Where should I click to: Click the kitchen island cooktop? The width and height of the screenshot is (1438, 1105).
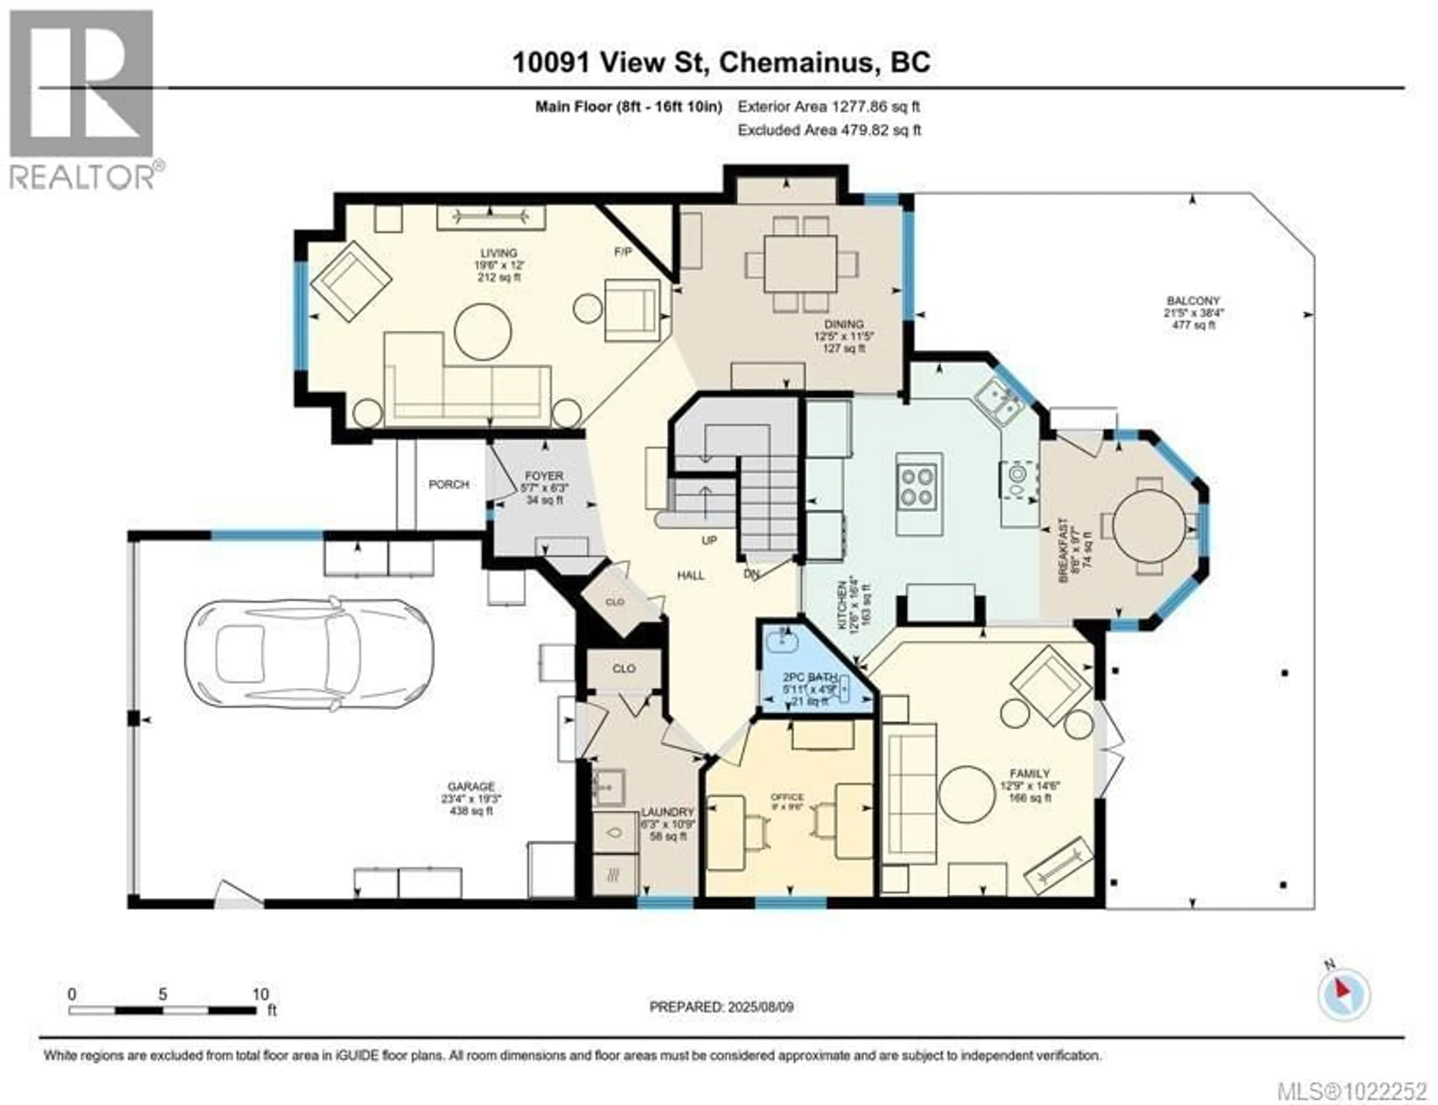pyautogui.click(x=918, y=485)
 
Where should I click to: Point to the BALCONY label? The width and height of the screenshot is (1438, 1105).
pyautogui.click(x=1194, y=301)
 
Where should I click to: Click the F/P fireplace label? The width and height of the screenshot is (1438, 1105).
pyautogui.click(x=622, y=251)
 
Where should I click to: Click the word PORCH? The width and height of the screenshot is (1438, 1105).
pyautogui.click(x=449, y=485)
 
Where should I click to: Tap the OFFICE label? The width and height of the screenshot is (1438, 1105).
pyautogui.click(x=787, y=797)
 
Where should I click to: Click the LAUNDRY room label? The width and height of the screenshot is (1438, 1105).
pyautogui.click(x=668, y=812)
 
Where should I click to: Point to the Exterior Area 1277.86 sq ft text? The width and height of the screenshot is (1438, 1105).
pyautogui.click(x=829, y=106)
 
